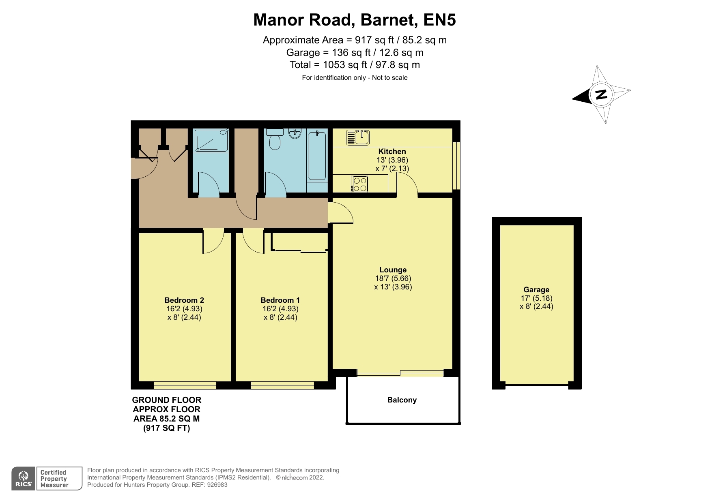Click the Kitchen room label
point(392,152)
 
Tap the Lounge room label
point(393,270)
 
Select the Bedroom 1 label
point(280,300)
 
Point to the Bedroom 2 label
point(184,300)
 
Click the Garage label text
point(536,290)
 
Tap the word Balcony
point(402,400)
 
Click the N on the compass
point(601,94)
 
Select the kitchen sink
point(358,137)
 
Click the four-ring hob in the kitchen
point(360,184)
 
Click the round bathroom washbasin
point(295,133)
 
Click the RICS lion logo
point(24,478)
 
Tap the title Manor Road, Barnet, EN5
point(355,20)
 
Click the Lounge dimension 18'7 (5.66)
point(393,278)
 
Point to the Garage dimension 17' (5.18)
point(536,298)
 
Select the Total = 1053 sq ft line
point(355,65)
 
